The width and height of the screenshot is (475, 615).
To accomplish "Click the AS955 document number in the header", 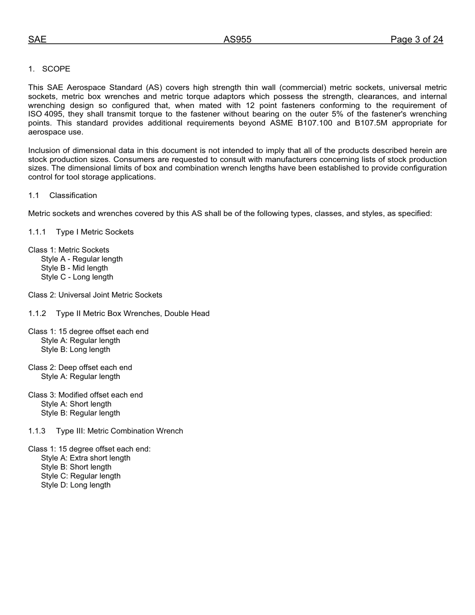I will click(x=237, y=40).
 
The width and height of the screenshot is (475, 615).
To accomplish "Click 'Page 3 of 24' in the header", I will click(x=416, y=40).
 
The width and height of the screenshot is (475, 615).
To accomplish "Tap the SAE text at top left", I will click(x=37, y=40).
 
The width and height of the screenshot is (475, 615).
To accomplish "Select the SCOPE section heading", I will click(x=56, y=69).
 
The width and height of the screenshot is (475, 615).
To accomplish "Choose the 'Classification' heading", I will click(x=73, y=195).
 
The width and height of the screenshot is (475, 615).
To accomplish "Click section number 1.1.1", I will click(x=37, y=232).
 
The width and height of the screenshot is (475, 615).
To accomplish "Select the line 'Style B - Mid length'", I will click(x=74, y=268).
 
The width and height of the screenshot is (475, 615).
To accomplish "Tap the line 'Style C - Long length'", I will click(x=77, y=277).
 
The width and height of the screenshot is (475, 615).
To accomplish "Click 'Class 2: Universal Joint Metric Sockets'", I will click(x=95, y=295).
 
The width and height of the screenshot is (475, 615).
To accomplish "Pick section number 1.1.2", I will click(x=37, y=313).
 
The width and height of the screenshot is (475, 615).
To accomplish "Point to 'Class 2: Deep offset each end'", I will click(x=80, y=367).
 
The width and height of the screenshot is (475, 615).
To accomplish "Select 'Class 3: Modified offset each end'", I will click(x=85, y=395).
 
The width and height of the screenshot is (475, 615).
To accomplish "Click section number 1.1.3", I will click(x=37, y=431).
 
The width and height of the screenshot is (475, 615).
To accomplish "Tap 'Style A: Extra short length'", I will click(x=85, y=458).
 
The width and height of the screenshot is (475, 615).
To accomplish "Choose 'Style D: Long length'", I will click(x=75, y=485).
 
